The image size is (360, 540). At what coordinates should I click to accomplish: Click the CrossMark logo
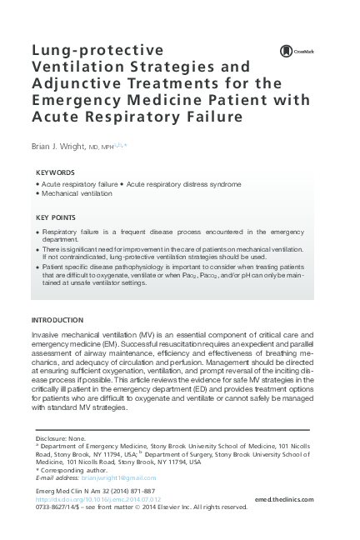pos(285,52)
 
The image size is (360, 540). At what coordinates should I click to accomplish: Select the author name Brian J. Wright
pos(59,147)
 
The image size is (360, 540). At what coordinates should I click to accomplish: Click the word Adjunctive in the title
pos(76,83)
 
